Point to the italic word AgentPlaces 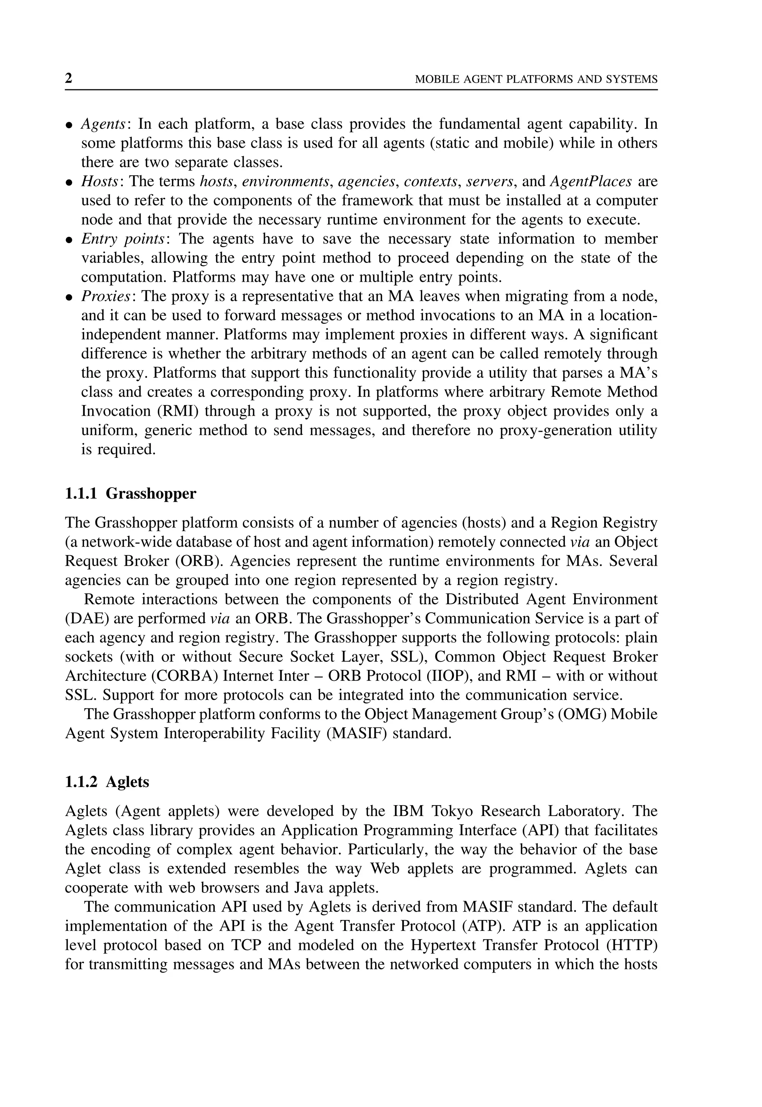591,182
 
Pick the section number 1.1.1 81,493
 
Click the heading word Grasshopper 151,493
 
